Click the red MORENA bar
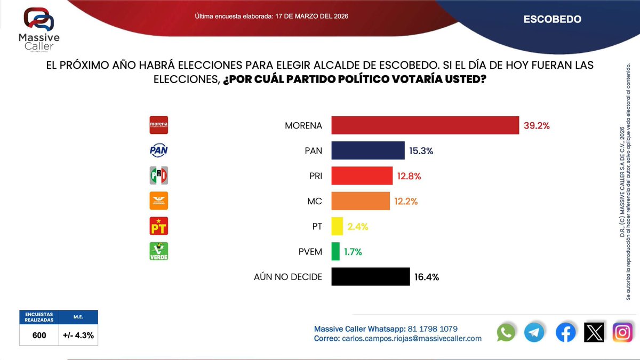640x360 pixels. (425, 125)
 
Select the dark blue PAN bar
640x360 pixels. (368, 150)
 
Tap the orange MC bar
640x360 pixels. (361, 201)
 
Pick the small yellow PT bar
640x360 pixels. (337, 226)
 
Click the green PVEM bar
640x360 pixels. (335, 251)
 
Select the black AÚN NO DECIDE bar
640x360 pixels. (371, 277)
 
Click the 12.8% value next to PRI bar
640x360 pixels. (409, 176)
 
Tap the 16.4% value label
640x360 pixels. (427, 277)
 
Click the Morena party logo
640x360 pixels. (158, 125)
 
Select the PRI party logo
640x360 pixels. (158, 175)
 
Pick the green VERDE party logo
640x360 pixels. (158, 251)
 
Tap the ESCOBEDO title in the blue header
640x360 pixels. (552, 19)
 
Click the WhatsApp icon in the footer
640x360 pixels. (506, 332)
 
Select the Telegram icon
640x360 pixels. (534, 332)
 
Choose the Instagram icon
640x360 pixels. (622, 332)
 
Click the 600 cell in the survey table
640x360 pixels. (38, 335)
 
